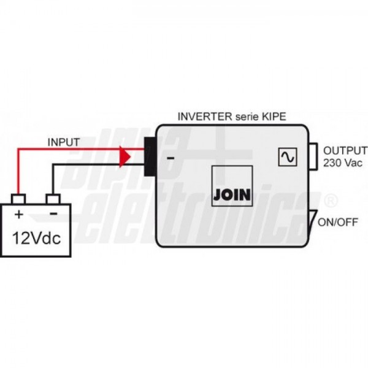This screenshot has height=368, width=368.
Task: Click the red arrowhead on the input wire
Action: (x=126, y=156)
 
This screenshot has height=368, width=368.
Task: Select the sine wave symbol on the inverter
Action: (x=286, y=157)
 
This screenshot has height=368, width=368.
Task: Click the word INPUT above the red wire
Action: (x=63, y=142)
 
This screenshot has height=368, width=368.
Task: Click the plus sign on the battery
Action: (x=19, y=214)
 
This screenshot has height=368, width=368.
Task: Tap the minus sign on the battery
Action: (x=53, y=214)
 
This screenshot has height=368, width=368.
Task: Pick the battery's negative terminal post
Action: (x=54, y=199)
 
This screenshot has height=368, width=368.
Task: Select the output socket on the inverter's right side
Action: (x=313, y=158)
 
